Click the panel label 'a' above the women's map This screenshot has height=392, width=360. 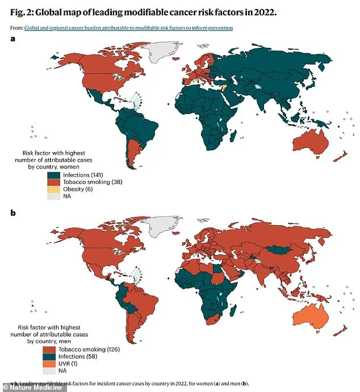(13, 39)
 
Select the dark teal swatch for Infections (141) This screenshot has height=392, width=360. (53, 175)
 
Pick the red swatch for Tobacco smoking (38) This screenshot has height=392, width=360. (53, 182)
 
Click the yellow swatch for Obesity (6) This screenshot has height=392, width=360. (53, 189)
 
